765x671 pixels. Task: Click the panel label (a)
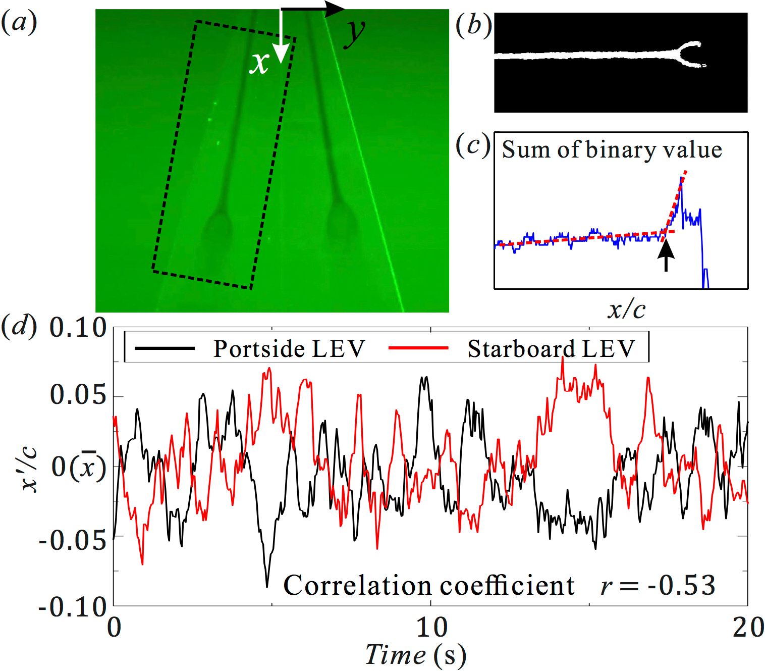19,22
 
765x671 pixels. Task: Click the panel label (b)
473,25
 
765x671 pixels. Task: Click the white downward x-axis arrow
281,38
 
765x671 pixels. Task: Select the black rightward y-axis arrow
313,9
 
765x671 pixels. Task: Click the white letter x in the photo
259,64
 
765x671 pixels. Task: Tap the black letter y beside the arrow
355,33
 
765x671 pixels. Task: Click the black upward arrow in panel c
666,255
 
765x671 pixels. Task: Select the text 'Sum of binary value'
612,150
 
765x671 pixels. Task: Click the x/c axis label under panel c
626,309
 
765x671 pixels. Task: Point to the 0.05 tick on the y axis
78,395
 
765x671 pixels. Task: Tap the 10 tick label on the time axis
431,628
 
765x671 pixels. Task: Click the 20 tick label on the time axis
748,628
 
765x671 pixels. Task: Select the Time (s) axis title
415,655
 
